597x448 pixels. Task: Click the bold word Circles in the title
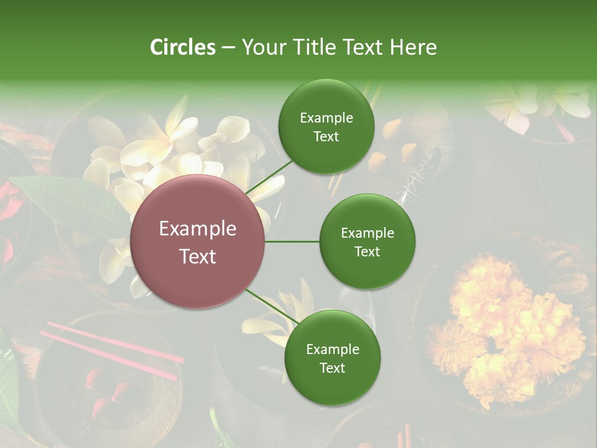[183, 47]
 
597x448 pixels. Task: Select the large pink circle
[198, 241]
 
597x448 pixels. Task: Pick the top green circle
[326, 126]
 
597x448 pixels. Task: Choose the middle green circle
[367, 241]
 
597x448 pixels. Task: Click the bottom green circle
[332, 358]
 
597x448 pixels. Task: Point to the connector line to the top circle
[269, 177]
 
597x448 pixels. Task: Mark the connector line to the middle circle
[292, 241]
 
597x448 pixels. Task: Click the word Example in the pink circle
[198, 229]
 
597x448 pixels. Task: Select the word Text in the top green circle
[326, 136]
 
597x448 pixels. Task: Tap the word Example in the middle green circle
[367, 233]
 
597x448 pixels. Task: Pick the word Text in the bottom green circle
[332, 368]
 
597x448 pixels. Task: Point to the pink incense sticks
[112, 348]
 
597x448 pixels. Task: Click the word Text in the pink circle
[198, 256]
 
